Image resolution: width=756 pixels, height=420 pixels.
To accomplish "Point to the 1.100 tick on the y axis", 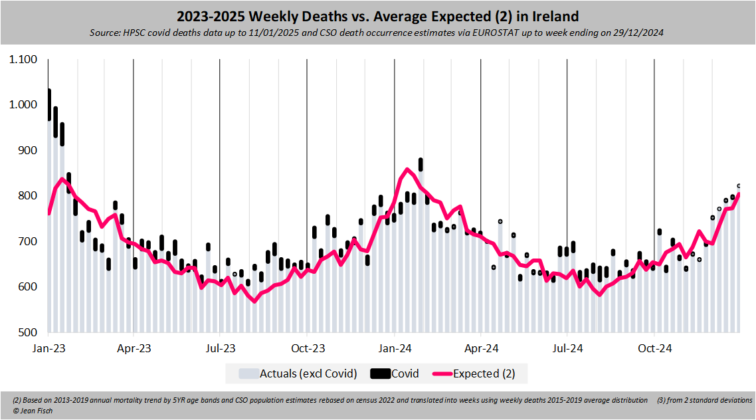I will point(23,60).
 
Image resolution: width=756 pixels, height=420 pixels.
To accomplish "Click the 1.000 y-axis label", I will point(23,105).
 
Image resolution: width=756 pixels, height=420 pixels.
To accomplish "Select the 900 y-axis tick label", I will point(28,151).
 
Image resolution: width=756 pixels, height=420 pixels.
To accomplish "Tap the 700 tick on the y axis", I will point(28,241).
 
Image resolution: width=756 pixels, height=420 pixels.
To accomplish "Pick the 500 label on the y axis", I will point(28,332).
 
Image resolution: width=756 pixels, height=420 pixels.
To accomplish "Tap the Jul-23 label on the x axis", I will point(220,348).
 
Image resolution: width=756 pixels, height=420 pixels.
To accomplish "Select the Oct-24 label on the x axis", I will point(654,348).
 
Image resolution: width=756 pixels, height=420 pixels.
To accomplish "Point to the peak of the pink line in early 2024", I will point(407,169).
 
